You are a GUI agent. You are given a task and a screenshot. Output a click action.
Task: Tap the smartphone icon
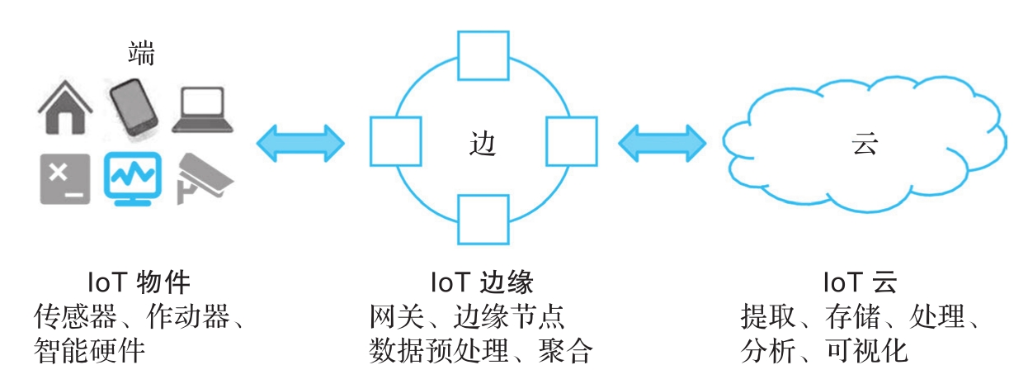click(x=134, y=107)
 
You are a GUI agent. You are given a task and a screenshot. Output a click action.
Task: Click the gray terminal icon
click(x=64, y=178)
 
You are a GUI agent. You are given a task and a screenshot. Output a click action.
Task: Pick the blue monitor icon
click(x=132, y=178)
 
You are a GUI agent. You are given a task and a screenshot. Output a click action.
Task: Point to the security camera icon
click(x=203, y=177)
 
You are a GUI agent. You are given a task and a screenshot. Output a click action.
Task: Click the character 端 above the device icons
click(x=141, y=55)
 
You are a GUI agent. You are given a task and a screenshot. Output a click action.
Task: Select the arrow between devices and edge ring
click(x=300, y=143)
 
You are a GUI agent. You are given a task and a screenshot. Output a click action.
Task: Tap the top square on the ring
click(x=483, y=55)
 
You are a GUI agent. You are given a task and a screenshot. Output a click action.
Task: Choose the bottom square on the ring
click(x=483, y=220)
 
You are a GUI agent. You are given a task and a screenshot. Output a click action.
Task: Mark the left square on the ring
click(x=395, y=141)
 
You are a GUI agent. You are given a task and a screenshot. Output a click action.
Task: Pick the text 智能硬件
click(x=90, y=352)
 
